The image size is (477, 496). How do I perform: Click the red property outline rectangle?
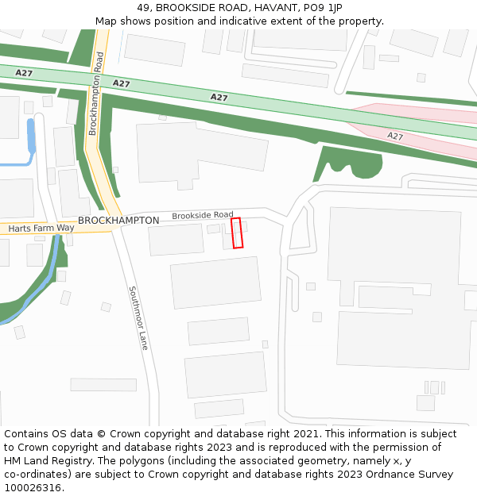(237, 233)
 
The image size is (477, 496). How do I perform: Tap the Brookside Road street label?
(203, 215)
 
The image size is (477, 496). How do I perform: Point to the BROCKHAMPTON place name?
(118, 220)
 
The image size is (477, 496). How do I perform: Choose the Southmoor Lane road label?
(138, 318)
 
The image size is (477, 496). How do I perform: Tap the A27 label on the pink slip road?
(395, 136)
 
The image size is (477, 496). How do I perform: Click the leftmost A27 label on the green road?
(24, 73)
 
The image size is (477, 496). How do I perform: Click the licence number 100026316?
(34, 487)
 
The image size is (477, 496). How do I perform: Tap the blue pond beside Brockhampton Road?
(31, 136)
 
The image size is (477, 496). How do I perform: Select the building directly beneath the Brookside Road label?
(176, 239)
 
